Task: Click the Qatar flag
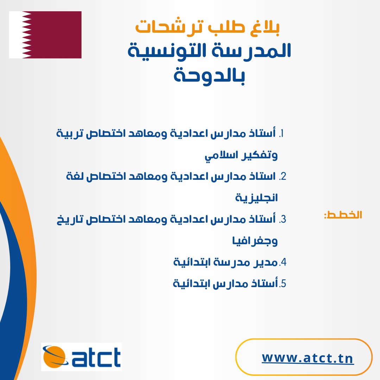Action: (x=45, y=34)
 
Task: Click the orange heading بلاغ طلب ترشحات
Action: (x=208, y=27)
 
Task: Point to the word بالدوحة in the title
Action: (x=209, y=76)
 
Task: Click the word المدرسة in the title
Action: (x=252, y=50)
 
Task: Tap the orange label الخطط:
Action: (x=343, y=215)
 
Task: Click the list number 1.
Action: (x=281, y=134)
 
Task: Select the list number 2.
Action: (x=283, y=176)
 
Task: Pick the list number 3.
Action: (x=283, y=219)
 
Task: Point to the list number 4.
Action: (x=283, y=262)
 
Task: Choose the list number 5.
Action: (x=283, y=284)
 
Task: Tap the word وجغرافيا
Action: (x=255, y=241)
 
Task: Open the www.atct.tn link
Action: (x=308, y=358)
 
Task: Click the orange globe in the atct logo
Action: (x=54, y=357)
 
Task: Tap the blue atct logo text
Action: (x=96, y=357)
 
